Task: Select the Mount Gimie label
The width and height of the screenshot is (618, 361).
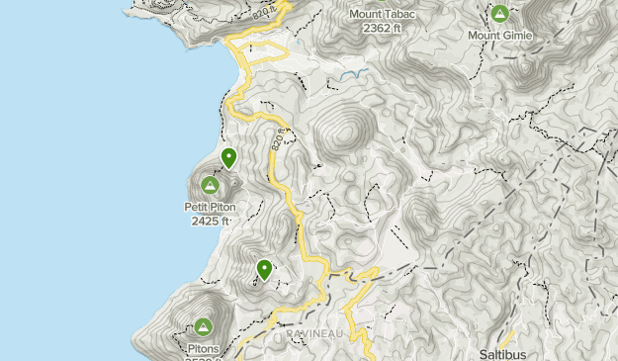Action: pos(499,36)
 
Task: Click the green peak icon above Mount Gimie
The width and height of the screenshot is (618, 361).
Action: pos(499,15)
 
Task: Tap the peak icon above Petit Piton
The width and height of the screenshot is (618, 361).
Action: pos(210,186)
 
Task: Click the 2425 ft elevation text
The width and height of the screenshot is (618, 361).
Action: pos(211,221)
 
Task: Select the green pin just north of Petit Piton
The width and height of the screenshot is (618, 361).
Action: pos(229,157)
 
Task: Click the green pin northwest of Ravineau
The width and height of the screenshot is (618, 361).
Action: pos(264,269)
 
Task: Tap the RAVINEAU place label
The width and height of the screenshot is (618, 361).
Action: pos(313,334)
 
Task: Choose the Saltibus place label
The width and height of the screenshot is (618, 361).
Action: pos(501,354)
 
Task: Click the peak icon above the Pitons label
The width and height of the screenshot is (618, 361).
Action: pos(204,326)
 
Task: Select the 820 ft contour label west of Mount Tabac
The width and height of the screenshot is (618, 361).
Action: pos(261,13)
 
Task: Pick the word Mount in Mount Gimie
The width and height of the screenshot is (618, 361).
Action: pos(484,36)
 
